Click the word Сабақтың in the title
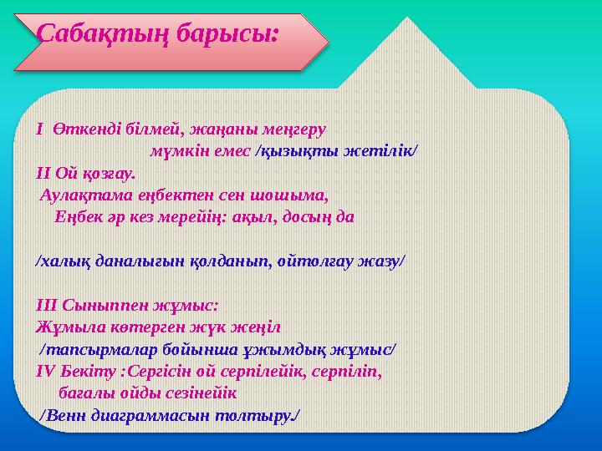[95, 34]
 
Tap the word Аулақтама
[82, 195]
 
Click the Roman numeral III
[45, 304]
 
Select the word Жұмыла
[65, 326]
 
